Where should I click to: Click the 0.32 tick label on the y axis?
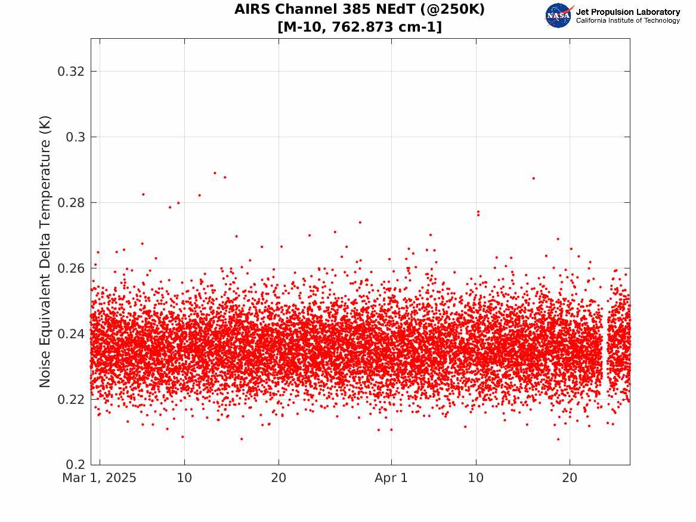71,71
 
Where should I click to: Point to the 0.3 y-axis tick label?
76,137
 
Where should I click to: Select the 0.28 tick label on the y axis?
71,202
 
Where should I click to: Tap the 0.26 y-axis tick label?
71,268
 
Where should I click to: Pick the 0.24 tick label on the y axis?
71,334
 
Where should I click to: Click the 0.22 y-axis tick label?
71,400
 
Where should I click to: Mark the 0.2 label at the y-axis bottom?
76,465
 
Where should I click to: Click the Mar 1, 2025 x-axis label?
100,478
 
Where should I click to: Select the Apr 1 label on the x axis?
391,478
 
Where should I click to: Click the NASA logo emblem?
559,16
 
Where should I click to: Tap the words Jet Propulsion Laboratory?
628,12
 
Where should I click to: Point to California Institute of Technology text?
628,20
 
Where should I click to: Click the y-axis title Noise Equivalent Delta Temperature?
45,252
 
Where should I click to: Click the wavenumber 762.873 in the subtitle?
362,27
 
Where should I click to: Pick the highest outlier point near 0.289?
215,172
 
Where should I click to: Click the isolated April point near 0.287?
534,178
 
